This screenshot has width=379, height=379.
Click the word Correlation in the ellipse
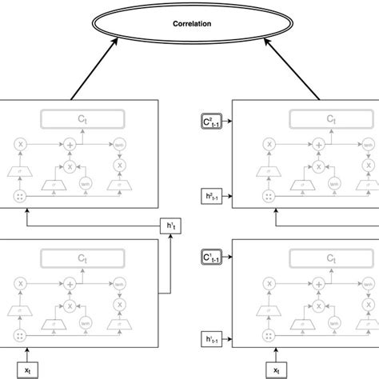(192, 24)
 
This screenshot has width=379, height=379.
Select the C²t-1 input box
(212, 122)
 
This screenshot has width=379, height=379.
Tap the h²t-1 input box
(212, 193)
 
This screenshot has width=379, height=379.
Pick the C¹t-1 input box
(212, 259)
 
